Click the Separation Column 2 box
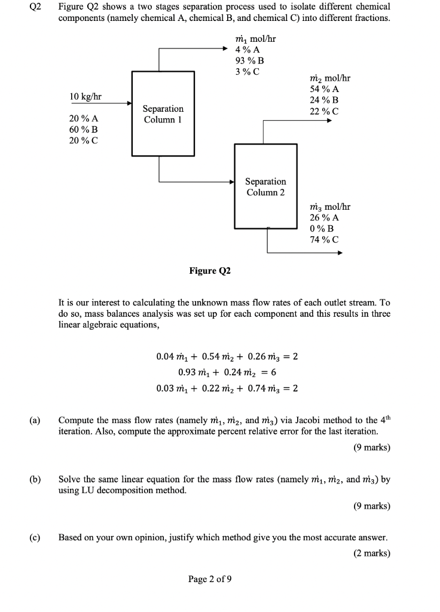[265, 186]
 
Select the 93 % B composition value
[250, 60]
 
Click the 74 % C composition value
[324, 240]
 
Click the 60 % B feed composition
[84, 129]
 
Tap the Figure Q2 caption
[210, 271]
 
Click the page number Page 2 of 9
[210, 579]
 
